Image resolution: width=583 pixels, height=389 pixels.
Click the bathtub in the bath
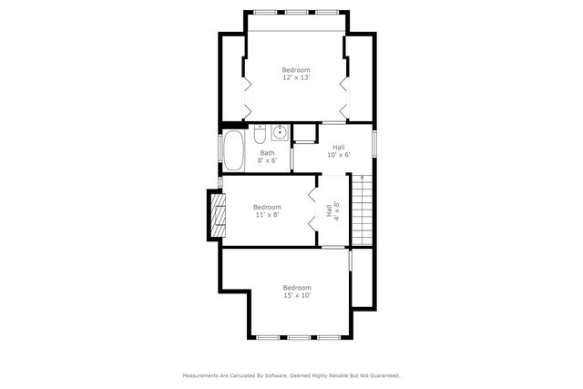(234, 151)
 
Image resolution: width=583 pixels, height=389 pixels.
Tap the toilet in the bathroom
(260, 138)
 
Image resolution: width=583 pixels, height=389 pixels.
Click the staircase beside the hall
(363, 210)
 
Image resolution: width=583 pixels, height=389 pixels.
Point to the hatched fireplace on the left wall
(216, 215)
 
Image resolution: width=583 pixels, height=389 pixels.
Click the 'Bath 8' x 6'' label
(267, 157)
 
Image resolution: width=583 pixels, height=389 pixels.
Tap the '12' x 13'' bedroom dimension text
(296, 78)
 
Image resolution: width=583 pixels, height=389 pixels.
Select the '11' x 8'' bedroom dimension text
(267, 215)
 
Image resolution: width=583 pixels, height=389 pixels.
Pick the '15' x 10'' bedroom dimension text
(297, 295)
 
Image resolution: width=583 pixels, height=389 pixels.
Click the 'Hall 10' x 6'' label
(338, 151)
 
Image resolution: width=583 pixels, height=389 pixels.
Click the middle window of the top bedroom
(296, 12)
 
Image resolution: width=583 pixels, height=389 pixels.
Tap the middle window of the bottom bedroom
(297, 338)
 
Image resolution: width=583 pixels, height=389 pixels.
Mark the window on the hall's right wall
(374, 145)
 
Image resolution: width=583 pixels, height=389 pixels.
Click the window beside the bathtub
(220, 151)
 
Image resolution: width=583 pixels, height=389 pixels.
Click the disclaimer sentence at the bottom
(291, 374)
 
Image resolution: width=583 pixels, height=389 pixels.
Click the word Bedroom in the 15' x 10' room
(297, 287)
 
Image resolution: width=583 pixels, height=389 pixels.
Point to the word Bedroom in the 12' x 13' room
(296, 70)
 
